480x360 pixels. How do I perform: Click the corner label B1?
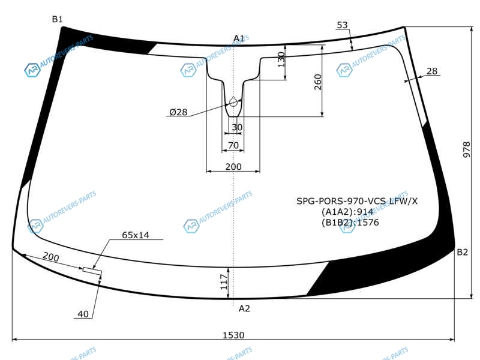point(57,19)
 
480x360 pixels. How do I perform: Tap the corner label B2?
point(462,252)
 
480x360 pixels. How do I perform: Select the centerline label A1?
point(239,38)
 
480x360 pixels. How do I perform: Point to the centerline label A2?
point(244,308)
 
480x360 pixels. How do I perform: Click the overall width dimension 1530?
point(233,335)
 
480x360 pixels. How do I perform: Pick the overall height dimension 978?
point(466,149)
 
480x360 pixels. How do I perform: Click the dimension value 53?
point(342,25)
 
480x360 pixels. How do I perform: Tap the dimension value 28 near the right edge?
point(431,71)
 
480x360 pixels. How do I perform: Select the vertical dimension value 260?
point(318,82)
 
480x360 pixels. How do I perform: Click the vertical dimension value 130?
point(281,59)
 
